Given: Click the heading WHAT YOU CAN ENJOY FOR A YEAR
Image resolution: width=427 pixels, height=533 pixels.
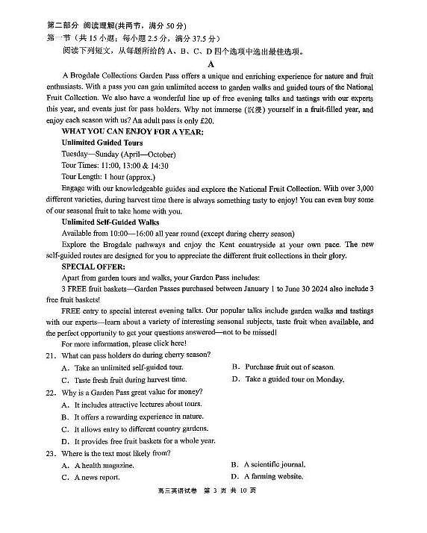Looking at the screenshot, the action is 132,131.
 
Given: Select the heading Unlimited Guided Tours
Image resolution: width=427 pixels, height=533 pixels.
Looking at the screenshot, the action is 102,143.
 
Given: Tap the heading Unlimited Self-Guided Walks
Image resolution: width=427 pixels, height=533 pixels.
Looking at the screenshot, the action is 110,222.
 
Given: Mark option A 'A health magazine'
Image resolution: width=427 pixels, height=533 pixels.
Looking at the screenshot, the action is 98,465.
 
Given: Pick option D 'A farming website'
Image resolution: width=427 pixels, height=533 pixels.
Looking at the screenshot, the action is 267,476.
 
